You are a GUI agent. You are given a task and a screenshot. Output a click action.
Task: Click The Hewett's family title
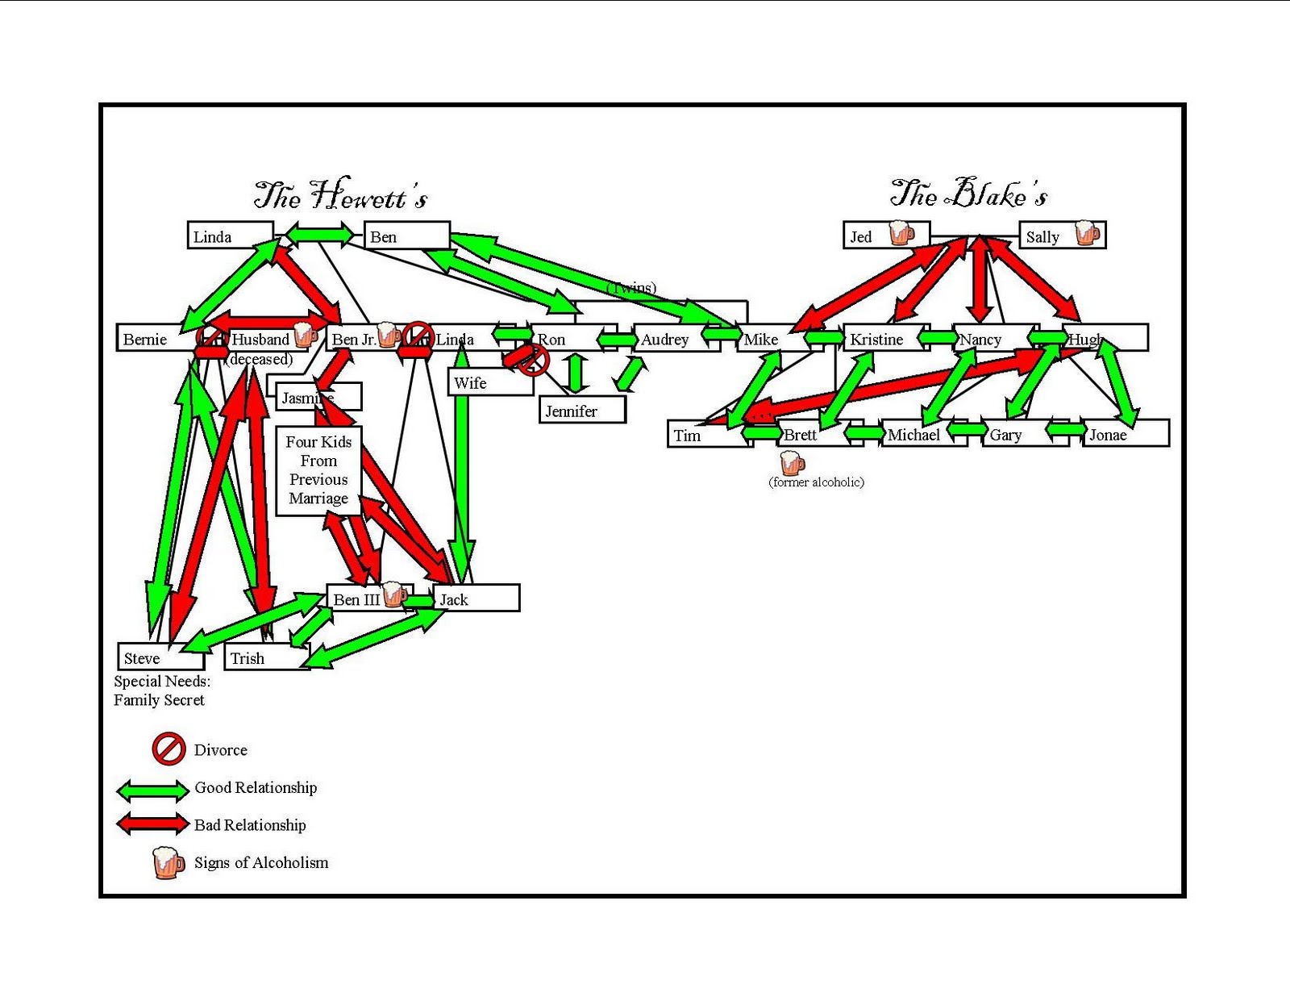[340, 194]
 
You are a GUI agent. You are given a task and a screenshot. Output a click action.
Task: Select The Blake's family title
[968, 194]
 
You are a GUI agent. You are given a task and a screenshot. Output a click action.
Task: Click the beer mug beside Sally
[1087, 233]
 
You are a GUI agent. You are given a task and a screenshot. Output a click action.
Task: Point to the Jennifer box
[581, 411]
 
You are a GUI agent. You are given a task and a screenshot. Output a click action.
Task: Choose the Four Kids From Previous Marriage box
[318, 470]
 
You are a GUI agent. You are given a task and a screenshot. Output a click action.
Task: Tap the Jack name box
[476, 599]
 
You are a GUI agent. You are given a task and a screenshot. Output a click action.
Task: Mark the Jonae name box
[1124, 434]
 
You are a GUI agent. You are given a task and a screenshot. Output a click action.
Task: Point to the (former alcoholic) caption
[816, 482]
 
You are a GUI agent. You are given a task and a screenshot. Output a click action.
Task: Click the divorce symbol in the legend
[169, 749]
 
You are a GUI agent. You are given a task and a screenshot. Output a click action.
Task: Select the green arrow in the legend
[153, 790]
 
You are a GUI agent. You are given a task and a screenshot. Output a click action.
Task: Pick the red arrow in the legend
[153, 824]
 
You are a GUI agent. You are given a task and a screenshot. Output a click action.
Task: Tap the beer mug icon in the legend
[168, 862]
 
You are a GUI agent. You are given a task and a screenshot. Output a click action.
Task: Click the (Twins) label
[631, 287]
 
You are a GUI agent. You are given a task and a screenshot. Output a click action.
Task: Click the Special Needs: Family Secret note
[160, 690]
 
